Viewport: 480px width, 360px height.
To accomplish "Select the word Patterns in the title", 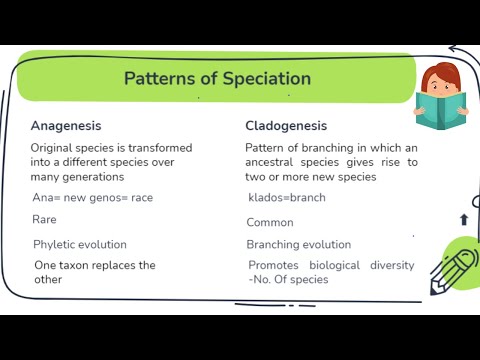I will (x=157, y=78).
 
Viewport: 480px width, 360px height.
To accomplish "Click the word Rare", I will (x=44, y=219).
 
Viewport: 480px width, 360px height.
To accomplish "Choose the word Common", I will (x=270, y=222).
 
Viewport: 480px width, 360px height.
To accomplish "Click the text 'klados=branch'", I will (x=286, y=197).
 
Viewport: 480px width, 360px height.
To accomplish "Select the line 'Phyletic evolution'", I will (x=80, y=244).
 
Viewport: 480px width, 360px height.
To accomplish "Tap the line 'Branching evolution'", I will (x=299, y=244).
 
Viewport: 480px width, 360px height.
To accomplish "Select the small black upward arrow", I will (x=464, y=219).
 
